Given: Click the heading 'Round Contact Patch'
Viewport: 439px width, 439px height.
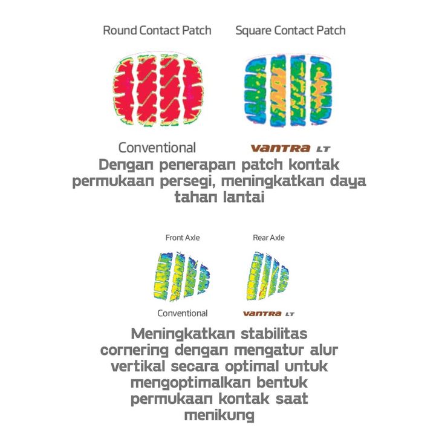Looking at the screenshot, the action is (157, 31).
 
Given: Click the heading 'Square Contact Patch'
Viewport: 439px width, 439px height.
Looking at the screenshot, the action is (290, 31).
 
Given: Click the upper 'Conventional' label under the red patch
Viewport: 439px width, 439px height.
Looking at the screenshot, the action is (157, 148).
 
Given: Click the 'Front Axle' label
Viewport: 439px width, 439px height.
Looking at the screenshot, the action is (183, 238).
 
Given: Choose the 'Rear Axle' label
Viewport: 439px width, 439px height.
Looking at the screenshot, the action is (268, 238).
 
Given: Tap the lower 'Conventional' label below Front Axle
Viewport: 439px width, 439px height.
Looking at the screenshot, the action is (183, 313).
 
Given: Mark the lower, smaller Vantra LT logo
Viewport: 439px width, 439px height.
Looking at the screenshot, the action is (268, 314).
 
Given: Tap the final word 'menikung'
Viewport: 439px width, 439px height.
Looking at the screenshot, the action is (218, 415).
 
